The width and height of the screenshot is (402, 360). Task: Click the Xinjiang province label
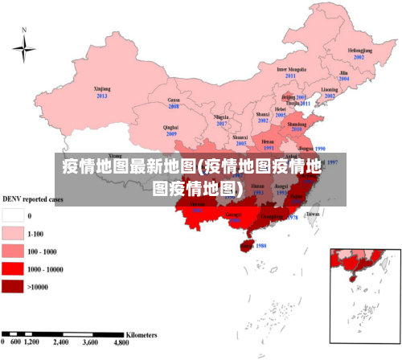tap(101, 88)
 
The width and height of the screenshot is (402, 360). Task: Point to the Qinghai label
tap(171, 127)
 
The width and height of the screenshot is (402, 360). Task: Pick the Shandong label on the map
tap(297, 125)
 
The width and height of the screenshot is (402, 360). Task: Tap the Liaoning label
tap(330, 89)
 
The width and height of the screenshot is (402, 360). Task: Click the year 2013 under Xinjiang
tap(101, 96)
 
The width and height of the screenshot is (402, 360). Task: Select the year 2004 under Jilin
tap(343, 80)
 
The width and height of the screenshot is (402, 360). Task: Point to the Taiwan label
tap(314, 215)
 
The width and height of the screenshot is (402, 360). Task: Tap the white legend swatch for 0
tap(12, 215)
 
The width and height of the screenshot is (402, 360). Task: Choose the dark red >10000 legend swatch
tap(12, 285)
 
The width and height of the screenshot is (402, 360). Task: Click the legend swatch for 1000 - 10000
tap(12, 268)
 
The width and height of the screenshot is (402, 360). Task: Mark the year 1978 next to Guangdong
tap(293, 218)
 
